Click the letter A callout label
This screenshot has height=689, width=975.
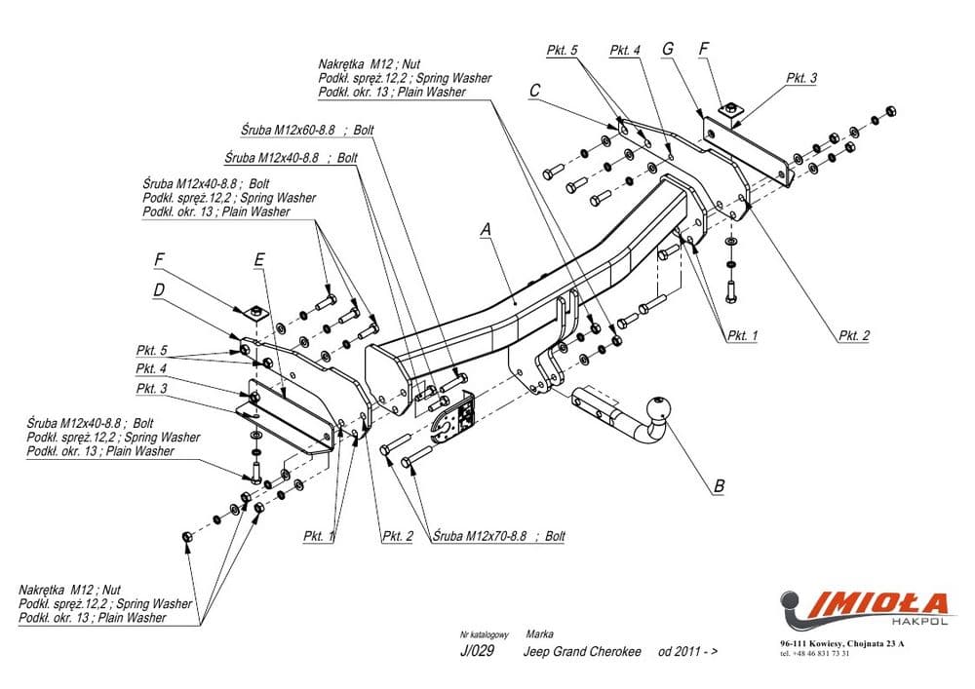click(x=485, y=230)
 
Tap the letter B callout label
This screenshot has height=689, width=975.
click(x=719, y=483)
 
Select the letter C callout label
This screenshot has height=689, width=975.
click(x=534, y=91)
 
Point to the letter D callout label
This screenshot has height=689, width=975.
click(x=158, y=289)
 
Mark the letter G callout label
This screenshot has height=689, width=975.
click(x=668, y=49)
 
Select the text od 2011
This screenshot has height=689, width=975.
click(x=687, y=652)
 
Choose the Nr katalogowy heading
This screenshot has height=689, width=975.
click(x=484, y=634)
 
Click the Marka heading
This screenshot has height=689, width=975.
click(x=539, y=633)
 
